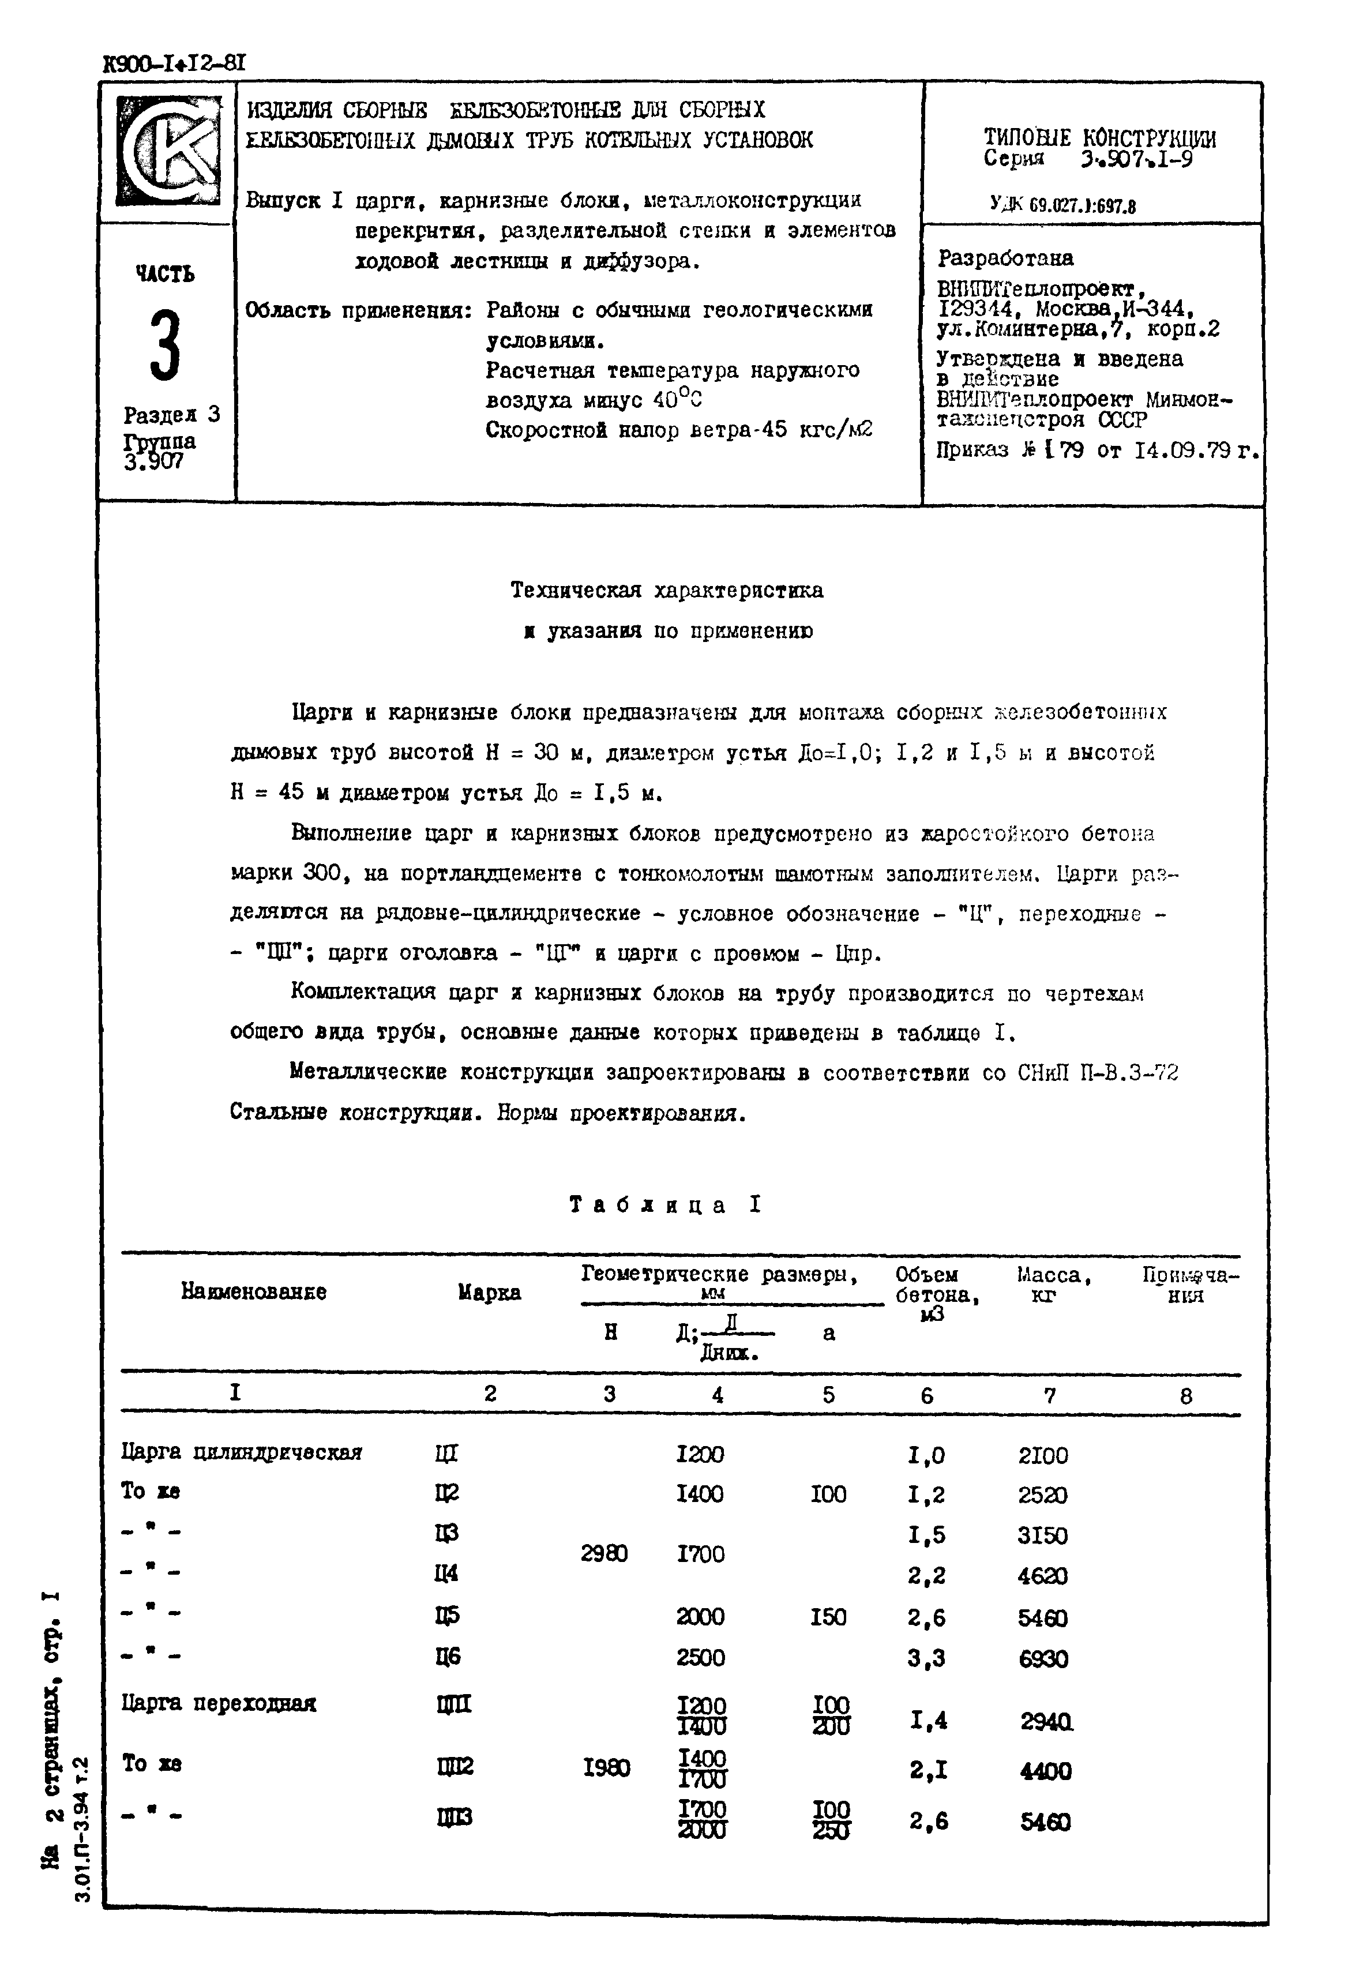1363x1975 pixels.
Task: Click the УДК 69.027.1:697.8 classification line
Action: coord(1062,205)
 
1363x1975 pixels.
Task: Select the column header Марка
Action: coord(489,1293)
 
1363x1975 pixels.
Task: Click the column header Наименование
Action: coord(254,1292)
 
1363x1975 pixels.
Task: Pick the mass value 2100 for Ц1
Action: coord(1043,1455)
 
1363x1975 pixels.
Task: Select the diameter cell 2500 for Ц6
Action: coord(700,1657)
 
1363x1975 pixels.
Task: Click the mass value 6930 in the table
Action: coord(1043,1658)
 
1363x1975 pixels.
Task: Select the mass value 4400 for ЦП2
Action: coord(1045,1772)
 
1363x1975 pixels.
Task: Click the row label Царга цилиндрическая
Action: coord(242,1452)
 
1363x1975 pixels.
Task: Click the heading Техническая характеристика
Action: coord(666,590)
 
